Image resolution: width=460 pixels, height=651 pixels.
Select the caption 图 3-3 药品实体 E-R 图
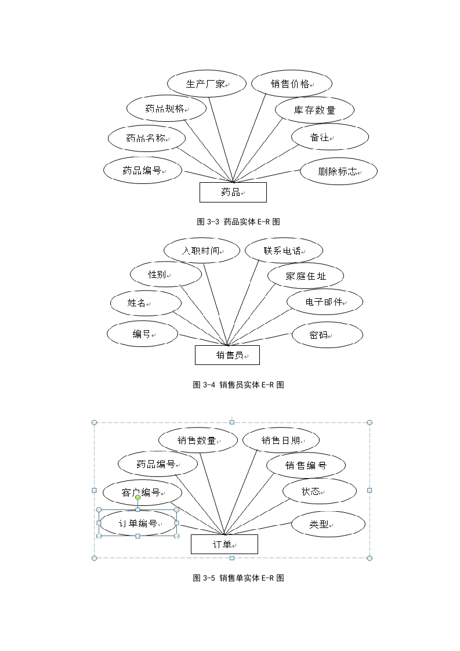tap(238, 222)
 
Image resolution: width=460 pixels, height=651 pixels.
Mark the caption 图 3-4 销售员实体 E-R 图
tap(238, 385)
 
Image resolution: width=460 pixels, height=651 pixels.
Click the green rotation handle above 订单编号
tap(138, 497)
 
